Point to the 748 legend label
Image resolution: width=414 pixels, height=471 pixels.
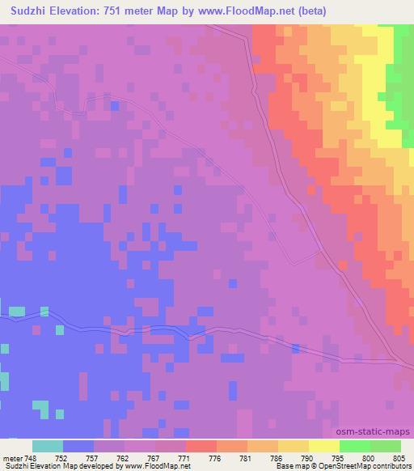coord(31,457)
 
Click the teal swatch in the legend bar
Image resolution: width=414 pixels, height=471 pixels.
coord(48,446)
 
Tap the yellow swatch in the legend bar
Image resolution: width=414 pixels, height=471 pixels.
coord(324,446)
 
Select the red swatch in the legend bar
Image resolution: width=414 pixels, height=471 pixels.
coord(201,446)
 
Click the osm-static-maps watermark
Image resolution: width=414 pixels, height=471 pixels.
coord(378,432)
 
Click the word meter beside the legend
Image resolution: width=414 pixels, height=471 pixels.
coord(11,457)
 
